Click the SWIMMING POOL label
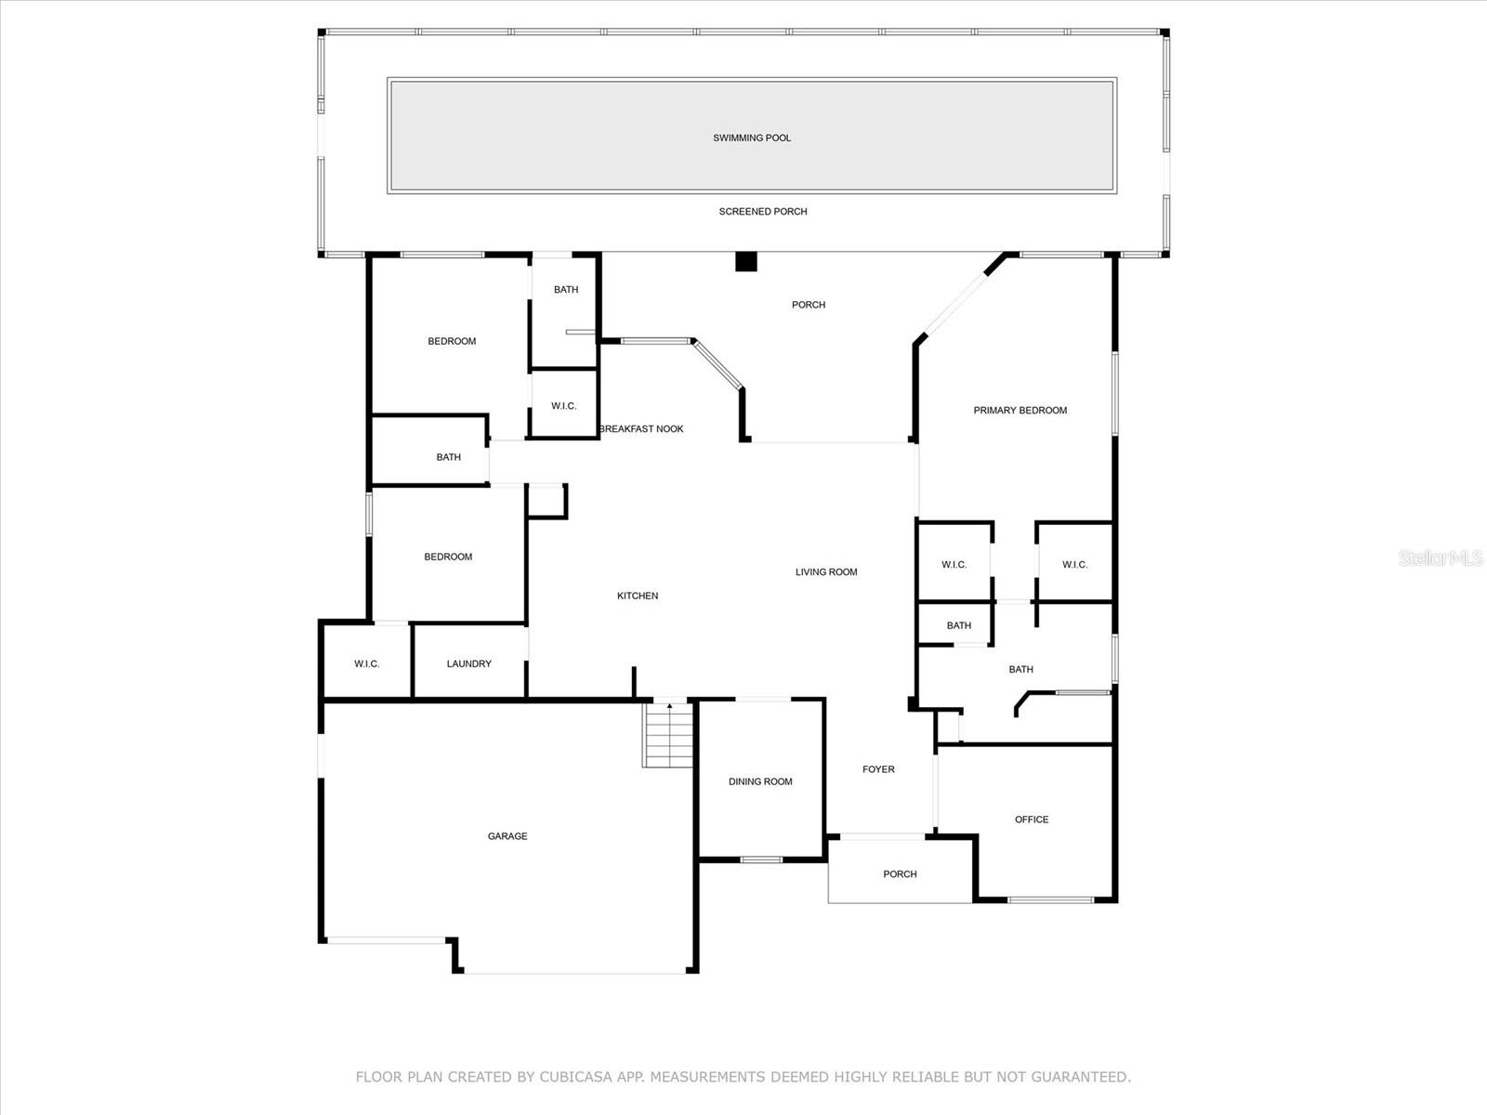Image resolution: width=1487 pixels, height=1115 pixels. click(752, 138)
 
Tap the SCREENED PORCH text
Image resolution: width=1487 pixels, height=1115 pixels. click(763, 212)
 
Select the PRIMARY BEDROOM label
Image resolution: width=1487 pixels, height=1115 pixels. click(1020, 411)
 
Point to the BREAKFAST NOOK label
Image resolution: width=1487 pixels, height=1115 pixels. click(641, 429)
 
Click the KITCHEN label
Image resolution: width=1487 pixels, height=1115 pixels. click(638, 596)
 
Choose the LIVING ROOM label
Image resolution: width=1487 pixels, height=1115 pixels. click(826, 572)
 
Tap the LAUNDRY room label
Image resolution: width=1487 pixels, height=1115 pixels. click(468, 663)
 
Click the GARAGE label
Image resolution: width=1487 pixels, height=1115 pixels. click(507, 836)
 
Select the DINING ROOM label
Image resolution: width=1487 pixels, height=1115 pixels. click(760, 781)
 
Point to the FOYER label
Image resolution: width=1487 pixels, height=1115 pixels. click(878, 769)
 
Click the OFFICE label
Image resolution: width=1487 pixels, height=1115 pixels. click(1032, 820)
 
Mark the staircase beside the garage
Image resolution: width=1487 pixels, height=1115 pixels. click(668, 735)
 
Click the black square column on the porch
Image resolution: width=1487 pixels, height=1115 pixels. click(746, 262)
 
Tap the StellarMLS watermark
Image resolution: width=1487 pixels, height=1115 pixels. click(1441, 557)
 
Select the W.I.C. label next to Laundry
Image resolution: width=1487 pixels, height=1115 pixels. click(367, 663)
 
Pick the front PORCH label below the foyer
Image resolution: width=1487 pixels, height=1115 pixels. click(900, 874)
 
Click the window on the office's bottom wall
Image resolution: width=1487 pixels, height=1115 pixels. click(1051, 899)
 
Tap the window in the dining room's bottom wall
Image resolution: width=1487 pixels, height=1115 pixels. click(761, 859)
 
